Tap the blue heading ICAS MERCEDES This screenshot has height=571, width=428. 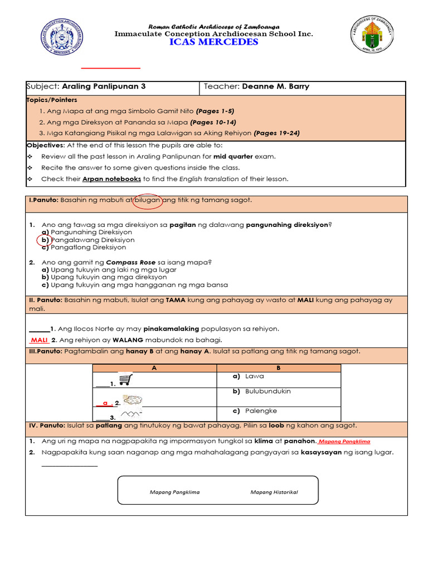214,42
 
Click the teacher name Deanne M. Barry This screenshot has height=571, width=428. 275,86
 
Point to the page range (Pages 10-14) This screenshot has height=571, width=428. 213,122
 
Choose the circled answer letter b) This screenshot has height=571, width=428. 45,240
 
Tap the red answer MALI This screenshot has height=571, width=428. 40,340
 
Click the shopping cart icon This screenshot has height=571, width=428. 125,380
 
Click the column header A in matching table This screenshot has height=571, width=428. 154,369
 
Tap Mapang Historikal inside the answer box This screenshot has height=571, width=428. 274,492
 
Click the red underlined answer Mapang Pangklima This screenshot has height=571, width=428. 344,441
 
